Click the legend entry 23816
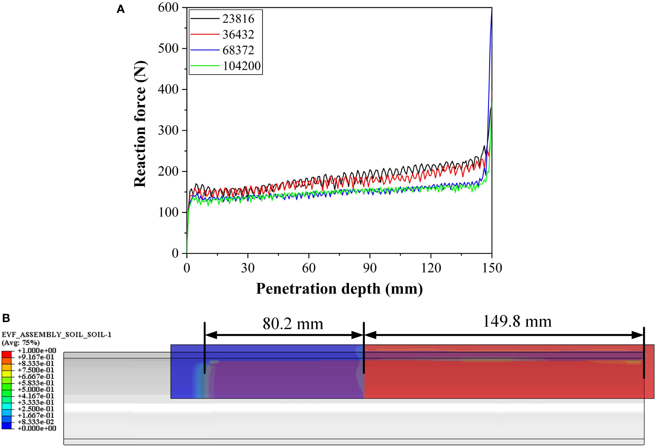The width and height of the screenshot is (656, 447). click(x=238, y=19)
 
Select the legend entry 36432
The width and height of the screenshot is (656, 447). click(x=238, y=35)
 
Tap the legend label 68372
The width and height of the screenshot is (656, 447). click(x=238, y=50)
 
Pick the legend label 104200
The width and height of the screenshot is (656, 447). click(x=242, y=66)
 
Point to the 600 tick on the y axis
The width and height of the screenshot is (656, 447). click(x=168, y=8)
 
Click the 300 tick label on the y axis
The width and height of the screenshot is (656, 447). click(x=168, y=130)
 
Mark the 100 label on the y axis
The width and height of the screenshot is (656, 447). click(x=168, y=212)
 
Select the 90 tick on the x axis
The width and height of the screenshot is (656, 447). click(x=370, y=268)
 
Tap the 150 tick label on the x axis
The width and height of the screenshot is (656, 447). click(x=492, y=268)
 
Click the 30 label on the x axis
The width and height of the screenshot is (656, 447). click(x=247, y=268)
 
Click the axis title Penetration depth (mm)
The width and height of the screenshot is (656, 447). click(x=339, y=289)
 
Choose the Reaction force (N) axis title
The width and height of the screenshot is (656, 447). click(x=140, y=124)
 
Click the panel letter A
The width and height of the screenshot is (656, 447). click(x=121, y=9)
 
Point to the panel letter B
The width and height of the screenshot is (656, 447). click(x=6, y=318)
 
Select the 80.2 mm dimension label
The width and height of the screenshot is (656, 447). click(x=293, y=324)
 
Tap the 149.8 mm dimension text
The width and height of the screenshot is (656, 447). click(x=517, y=322)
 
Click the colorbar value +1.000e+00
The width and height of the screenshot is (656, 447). click(x=36, y=351)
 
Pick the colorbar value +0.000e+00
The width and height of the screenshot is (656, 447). click(x=36, y=428)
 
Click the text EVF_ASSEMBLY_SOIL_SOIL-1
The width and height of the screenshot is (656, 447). click(x=56, y=335)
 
